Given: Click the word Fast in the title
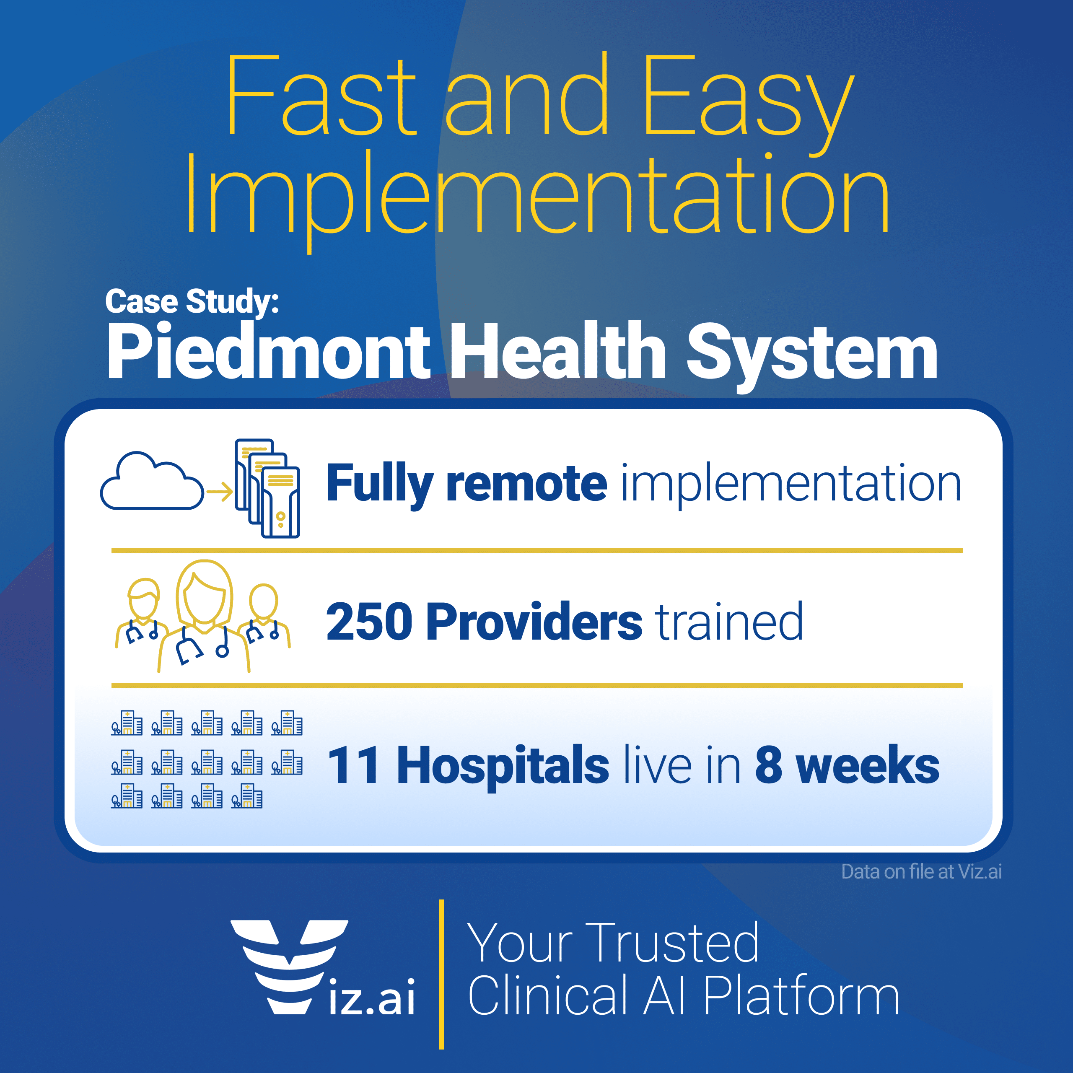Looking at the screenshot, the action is tap(321, 96).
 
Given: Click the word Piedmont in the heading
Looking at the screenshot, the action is tap(268, 351).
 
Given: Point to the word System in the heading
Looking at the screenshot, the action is tap(812, 355).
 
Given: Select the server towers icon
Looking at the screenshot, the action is tap(267, 488).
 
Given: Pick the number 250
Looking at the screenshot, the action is tap(369, 622).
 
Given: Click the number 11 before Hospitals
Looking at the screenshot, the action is tap(354, 766).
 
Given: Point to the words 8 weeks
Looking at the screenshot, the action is tap(847, 765).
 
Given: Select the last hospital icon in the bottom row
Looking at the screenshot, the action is tap(246, 796).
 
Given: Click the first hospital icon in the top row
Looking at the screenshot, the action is tap(127, 723).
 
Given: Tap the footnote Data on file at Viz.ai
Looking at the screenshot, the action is tap(921, 872).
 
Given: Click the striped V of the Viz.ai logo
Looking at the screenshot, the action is tap(289, 967).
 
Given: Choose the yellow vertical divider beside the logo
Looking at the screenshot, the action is tap(441, 975).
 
